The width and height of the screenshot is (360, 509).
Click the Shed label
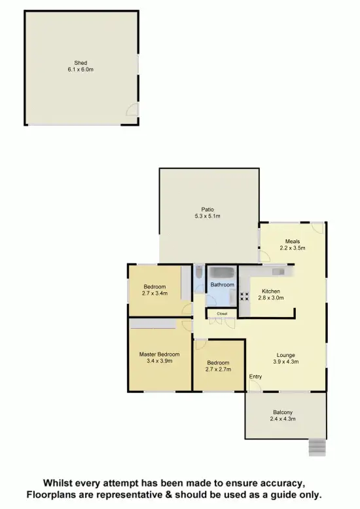click(81, 63)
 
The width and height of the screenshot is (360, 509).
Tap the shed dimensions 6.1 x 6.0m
click(81, 69)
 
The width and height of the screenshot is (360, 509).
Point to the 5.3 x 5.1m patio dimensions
click(207, 216)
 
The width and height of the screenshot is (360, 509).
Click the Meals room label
click(293, 241)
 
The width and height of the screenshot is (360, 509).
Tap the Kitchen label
click(271, 291)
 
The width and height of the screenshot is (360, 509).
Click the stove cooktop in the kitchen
click(245, 296)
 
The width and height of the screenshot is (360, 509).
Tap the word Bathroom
click(222, 285)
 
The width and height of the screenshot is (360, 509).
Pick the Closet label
click(213, 314)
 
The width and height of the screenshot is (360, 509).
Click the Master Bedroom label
click(159, 354)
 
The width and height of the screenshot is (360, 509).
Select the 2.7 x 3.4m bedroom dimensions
click(155, 293)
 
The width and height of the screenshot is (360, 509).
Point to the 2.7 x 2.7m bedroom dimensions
click(218, 369)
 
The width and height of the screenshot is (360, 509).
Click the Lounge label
click(285, 354)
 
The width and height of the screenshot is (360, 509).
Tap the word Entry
click(256, 377)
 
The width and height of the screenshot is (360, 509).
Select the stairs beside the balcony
click(317, 447)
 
